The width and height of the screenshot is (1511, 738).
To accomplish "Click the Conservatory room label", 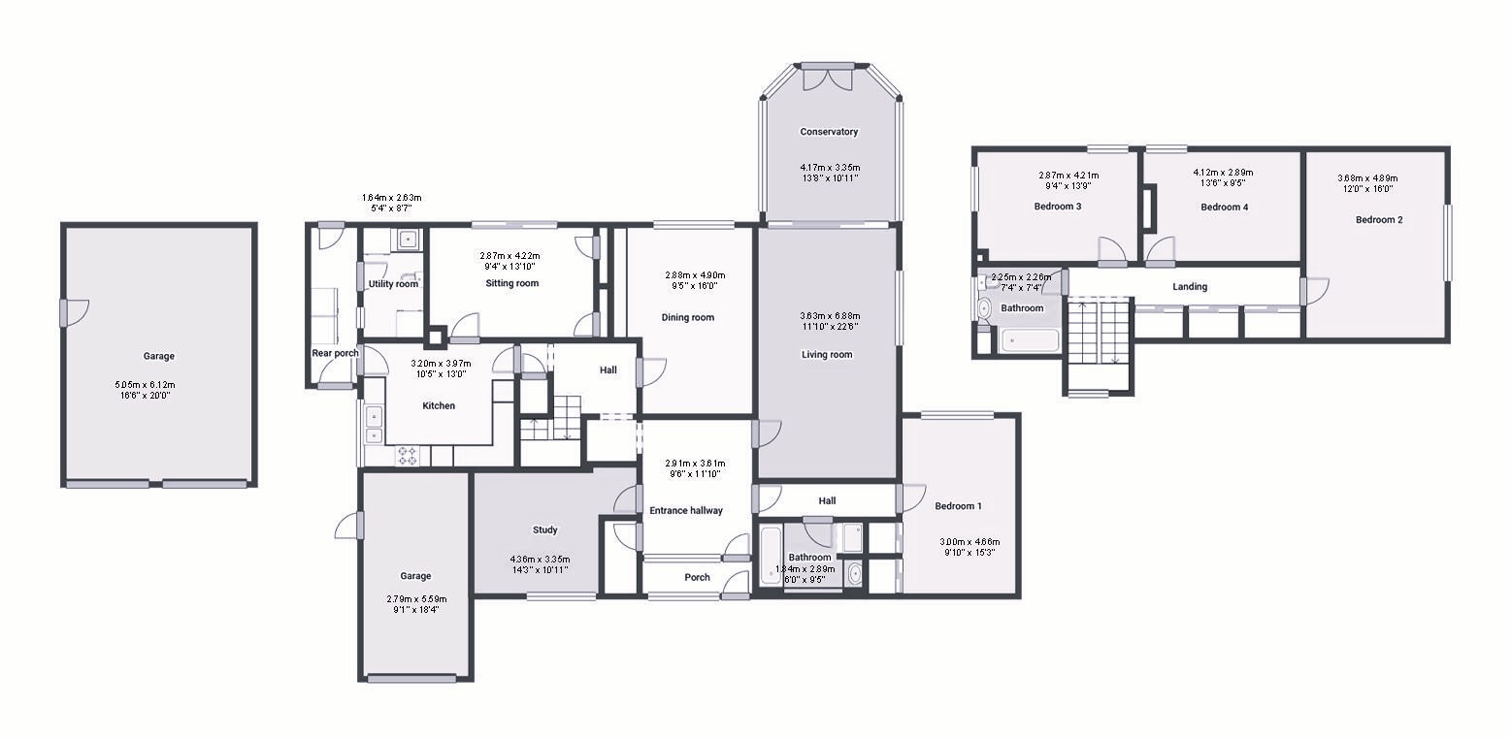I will click(828, 132).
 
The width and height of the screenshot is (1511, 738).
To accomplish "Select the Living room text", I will click(826, 354).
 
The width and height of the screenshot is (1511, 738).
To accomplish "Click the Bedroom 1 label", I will click(958, 506).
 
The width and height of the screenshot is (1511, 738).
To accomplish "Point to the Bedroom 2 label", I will click(1378, 220).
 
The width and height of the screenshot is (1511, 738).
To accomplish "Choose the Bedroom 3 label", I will click(1057, 207).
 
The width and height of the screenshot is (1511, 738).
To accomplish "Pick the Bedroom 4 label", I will click(1224, 207).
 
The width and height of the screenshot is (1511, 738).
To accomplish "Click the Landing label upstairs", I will click(1189, 286).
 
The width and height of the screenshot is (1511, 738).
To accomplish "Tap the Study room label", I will click(544, 529).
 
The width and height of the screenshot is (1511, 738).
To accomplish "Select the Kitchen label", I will click(438, 405).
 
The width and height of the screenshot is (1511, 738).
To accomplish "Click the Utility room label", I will click(393, 284).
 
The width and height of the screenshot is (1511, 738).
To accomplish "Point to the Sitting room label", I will click(511, 283).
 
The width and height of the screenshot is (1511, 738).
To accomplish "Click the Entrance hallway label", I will click(685, 510).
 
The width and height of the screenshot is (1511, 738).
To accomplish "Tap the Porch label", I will click(697, 577).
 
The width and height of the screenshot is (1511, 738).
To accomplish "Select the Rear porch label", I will click(335, 353).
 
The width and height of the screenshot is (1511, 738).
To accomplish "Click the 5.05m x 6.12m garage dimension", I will click(145, 385).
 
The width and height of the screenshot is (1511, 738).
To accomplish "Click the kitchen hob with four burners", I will click(408, 455).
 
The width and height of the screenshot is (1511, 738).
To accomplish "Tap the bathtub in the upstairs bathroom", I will click(1030, 340).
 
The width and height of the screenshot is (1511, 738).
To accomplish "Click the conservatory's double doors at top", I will click(828, 78).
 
